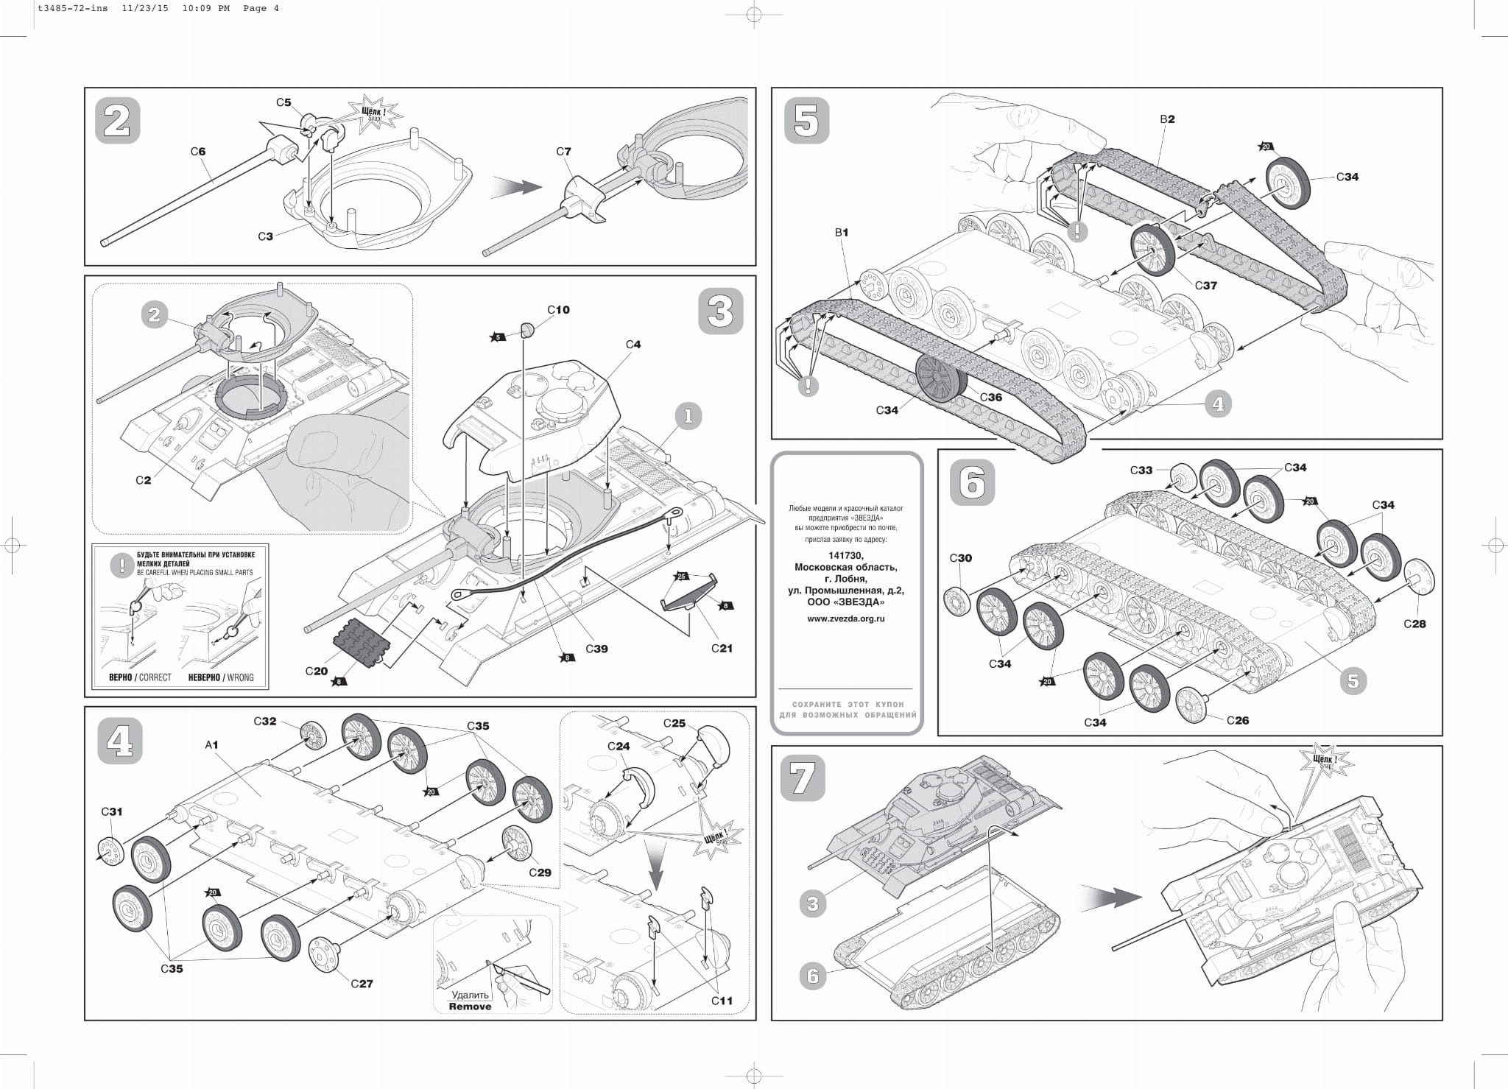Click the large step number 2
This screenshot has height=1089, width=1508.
pos(117,120)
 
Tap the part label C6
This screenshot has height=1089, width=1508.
pos(198,152)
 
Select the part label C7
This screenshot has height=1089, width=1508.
pos(563,152)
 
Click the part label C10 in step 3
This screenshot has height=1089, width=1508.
pos(558,310)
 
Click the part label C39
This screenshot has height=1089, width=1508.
pos(596,649)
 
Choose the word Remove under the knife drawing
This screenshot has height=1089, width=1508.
pos(470,1007)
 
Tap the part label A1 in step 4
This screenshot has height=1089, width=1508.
pos(211,745)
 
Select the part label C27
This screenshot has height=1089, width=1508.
pos(362,984)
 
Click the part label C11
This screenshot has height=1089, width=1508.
pos(722,1001)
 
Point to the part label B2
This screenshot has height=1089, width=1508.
pos(1167,119)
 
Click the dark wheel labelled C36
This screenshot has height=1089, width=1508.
pos(940,378)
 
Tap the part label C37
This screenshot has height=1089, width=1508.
pos(1205,286)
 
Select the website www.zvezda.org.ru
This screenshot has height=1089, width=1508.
pos(846,618)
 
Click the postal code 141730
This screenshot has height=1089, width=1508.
pos(846,555)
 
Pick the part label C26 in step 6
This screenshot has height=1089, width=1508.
pos(1238,720)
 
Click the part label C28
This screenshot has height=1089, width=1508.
pos(1414,624)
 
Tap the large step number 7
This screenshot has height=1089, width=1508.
pos(803,779)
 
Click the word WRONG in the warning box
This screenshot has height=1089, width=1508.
pos(240,677)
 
